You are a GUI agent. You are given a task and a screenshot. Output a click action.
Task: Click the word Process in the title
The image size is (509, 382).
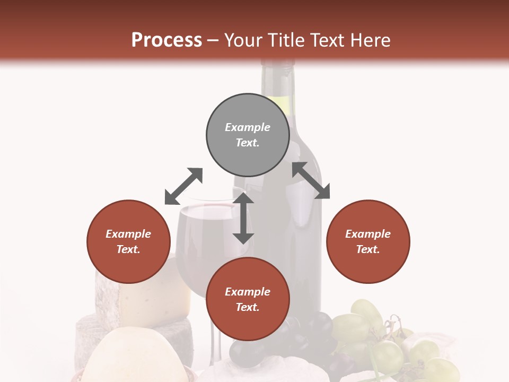166,40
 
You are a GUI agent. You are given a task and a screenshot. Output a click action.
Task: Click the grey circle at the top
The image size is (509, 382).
248,135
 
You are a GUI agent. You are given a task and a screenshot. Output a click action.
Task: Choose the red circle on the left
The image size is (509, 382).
128,241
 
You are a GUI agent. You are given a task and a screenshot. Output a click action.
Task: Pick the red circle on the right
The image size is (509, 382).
368,241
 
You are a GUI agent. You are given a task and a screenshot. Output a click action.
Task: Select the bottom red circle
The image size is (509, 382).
248,299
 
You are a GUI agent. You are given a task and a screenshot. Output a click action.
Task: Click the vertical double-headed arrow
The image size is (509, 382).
243,218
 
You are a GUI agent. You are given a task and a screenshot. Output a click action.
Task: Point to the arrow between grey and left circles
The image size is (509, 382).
183,186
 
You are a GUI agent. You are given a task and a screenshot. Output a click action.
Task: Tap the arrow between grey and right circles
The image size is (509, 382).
311,180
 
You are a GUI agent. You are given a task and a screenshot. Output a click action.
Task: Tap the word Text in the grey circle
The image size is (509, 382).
248,143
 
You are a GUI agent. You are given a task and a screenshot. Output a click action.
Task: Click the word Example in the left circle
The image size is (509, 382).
128,234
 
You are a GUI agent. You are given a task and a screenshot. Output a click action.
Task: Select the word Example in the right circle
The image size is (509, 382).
368,234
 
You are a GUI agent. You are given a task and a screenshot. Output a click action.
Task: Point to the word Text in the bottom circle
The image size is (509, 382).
248,307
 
